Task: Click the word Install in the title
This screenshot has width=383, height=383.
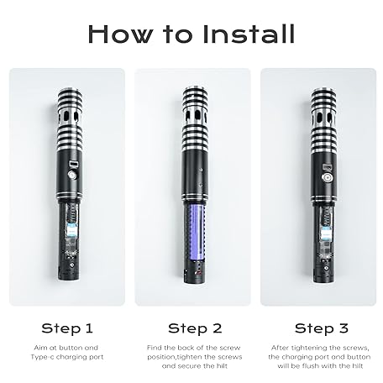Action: coord(249,34)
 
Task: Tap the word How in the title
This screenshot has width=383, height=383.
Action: coord(121,34)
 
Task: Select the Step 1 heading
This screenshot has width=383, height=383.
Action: coord(67,328)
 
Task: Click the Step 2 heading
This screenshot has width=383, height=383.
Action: coord(195,328)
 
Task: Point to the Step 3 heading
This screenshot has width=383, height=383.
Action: coord(322,328)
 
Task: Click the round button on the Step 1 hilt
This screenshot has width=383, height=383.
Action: coord(72,175)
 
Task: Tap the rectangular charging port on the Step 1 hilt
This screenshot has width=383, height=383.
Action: coord(74,163)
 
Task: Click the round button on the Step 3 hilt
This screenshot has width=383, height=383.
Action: coord(327,178)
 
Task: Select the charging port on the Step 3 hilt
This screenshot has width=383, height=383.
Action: coord(327,167)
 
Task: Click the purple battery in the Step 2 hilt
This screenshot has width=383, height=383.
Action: coord(197,232)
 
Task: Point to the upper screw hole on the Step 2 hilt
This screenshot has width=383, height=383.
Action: coord(201,170)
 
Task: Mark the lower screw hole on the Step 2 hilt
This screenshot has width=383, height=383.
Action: coord(201,185)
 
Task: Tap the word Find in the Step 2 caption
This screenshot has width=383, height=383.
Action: coord(155,348)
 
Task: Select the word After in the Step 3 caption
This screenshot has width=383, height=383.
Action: coord(281,348)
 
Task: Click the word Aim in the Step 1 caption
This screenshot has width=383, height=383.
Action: coord(40,348)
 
